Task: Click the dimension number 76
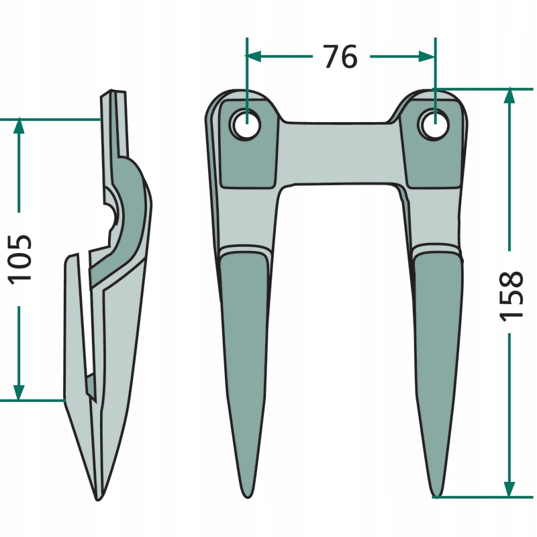pyautogui.click(x=340, y=57)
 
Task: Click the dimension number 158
pyautogui.click(x=511, y=295)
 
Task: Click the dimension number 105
pyautogui.click(x=20, y=258)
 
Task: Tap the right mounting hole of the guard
pyautogui.click(x=435, y=124)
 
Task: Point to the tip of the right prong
pyautogui.click(x=436, y=495)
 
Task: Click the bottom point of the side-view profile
pyautogui.click(x=99, y=498)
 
